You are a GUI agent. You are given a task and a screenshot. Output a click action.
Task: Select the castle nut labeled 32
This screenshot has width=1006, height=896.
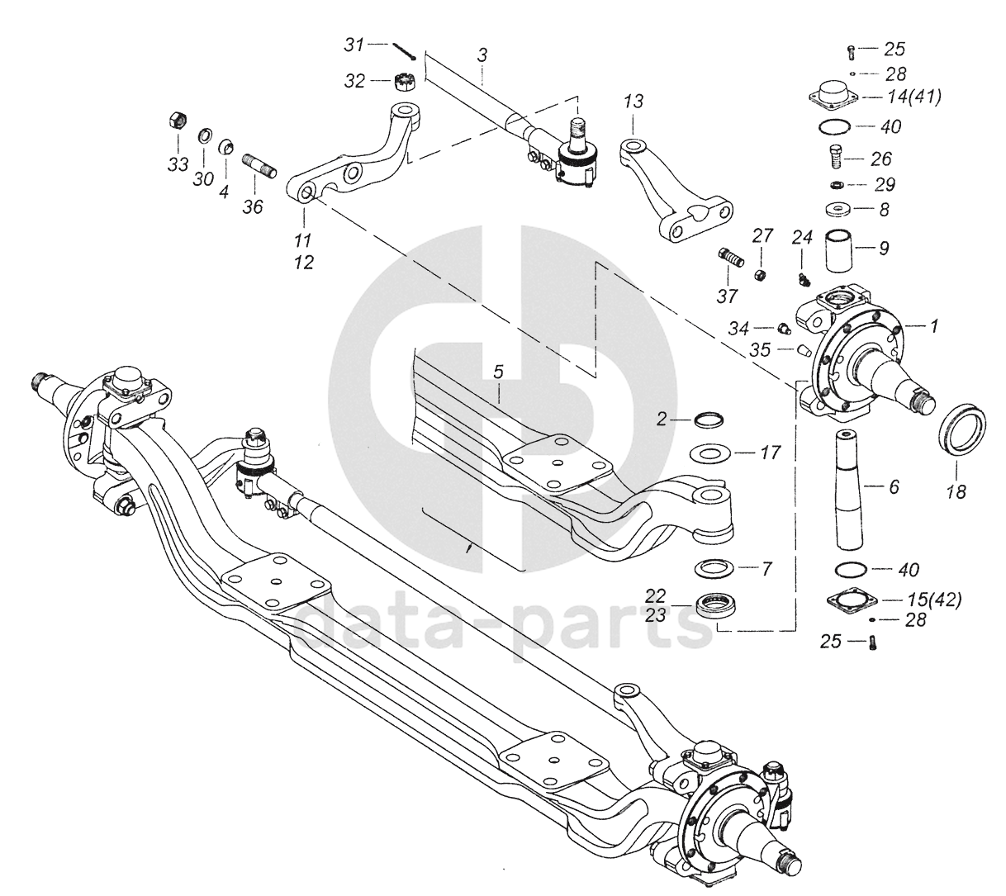[x=403, y=82]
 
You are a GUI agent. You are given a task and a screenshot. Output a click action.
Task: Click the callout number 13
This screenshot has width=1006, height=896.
[x=633, y=102]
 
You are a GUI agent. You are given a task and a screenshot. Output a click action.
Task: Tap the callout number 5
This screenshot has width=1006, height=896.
[x=498, y=372]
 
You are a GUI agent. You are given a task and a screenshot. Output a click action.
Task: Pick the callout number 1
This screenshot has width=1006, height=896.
[x=934, y=326]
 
